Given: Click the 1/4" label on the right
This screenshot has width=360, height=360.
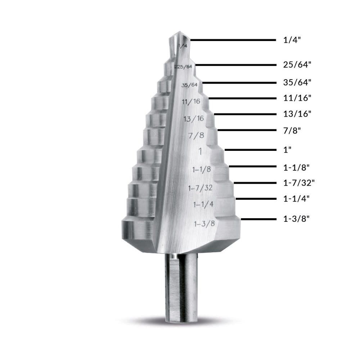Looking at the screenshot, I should point(292,40).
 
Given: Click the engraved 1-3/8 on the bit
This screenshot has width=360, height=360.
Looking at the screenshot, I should point(204,224).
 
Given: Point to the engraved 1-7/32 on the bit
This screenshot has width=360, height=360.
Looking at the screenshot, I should point(201,188).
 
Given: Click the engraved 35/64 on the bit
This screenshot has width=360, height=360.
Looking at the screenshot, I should point(190,85).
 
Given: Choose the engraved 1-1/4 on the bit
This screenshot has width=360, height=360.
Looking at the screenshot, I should point(204,204).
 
